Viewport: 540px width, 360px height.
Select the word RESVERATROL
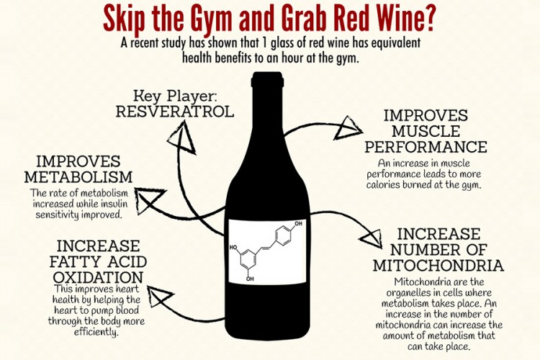pos(175,112)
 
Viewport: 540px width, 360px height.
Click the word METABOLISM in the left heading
pos(78,176)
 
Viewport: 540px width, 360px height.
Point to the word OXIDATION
pos(98,277)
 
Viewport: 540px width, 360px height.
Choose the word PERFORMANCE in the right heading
pos(426,147)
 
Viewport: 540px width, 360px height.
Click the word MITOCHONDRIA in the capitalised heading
pos(438,266)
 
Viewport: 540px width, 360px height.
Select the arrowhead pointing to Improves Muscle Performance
pos(347,128)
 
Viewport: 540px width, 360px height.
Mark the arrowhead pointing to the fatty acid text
pos(159,296)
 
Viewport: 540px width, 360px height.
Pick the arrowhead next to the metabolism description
pos(148,199)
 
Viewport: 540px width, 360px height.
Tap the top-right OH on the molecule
pos(298,224)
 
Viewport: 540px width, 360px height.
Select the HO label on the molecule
pos(233,248)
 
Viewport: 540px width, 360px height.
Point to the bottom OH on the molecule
pos(250,279)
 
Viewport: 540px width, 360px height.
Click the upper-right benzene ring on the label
pos(284,235)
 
